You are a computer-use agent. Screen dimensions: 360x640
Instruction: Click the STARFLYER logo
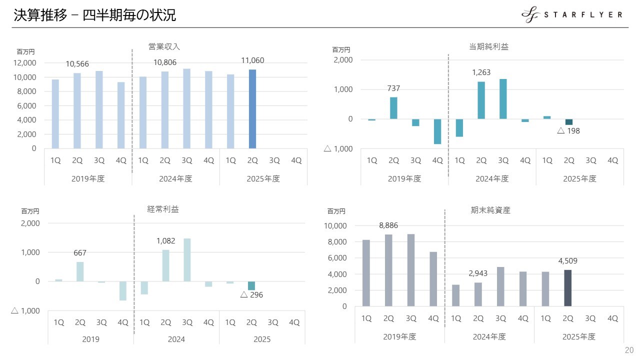tap(572, 15)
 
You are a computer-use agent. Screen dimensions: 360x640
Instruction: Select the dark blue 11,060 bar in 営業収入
tap(252, 109)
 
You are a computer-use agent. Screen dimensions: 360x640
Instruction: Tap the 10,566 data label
tap(77, 64)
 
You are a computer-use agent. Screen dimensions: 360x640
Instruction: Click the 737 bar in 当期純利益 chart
tap(393, 108)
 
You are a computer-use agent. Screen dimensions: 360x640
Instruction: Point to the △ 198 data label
tap(568, 131)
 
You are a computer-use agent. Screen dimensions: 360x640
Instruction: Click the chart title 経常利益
tap(163, 209)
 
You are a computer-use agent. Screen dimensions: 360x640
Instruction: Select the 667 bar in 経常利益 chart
tap(80, 271)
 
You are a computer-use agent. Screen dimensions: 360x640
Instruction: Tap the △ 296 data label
tap(251, 295)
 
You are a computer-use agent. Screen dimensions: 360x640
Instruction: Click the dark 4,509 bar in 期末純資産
tap(567, 288)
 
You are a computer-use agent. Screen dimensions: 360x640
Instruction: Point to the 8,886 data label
tap(388, 225)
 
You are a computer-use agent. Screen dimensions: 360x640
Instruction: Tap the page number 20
tap(629, 349)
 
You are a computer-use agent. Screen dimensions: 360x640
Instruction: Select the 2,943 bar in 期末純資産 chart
tap(478, 294)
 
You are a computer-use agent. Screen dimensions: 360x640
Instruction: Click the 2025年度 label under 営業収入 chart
tap(263, 178)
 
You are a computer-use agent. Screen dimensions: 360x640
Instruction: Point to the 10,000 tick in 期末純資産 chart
tap(335, 226)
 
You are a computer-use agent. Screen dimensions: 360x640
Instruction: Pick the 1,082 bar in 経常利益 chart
tap(166, 265)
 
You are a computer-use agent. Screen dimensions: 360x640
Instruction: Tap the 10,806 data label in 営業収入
tap(165, 62)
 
